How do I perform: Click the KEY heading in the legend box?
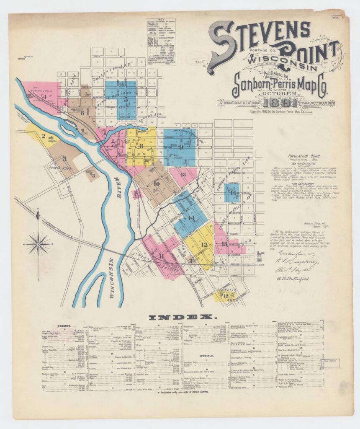tap(161, 20)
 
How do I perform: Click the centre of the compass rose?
tap(38, 243)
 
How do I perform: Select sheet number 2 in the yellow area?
tap(44, 136)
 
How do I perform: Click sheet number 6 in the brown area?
tap(82, 112)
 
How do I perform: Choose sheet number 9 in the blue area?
tap(181, 147)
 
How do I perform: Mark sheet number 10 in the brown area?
tap(157, 183)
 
